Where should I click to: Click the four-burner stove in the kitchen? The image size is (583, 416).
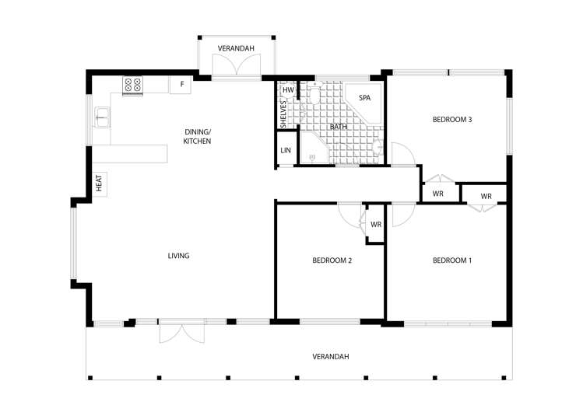[x=132, y=85]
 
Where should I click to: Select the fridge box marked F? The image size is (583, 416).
[x=181, y=84]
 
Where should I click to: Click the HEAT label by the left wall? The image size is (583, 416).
[x=100, y=184]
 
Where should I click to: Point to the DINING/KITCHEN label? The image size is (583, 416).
[x=197, y=136]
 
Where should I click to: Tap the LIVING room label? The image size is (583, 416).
[x=178, y=256]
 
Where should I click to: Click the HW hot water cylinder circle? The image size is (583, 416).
[x=288, y=90]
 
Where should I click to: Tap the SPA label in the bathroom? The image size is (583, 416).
[x=363, y=98]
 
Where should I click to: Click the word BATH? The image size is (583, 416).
[x=338, y=127]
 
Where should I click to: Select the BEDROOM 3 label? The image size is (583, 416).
[x=452, y=120]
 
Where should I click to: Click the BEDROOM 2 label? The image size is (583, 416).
[x=332, y=260]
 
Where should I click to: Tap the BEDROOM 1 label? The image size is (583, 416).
[x=452, y=260]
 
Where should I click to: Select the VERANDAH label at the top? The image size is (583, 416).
[x=236, y=47]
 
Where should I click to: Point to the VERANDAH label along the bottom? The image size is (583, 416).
[x=330, y=357]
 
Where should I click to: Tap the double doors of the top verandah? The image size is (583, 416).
[x=237, y=68]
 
